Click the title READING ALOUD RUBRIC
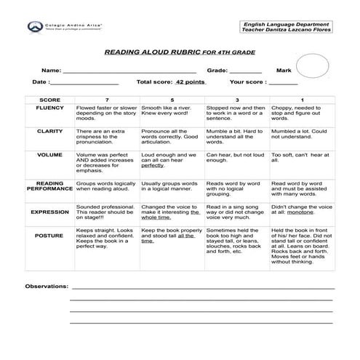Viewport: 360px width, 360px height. click(151, 52)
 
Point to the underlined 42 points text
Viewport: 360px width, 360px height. click(191, 83)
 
